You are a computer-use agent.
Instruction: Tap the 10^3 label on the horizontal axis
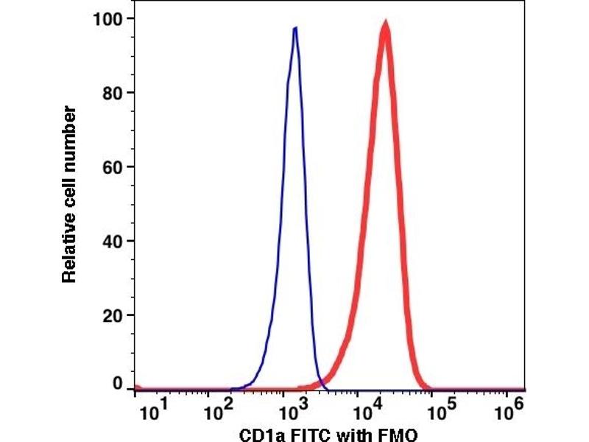pyautogui.click(x=292, y=407)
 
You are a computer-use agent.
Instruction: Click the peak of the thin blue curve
pyautogui.click(x=295, y=28)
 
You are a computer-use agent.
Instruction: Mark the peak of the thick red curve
pyautogui.click(x=385, y=26)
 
